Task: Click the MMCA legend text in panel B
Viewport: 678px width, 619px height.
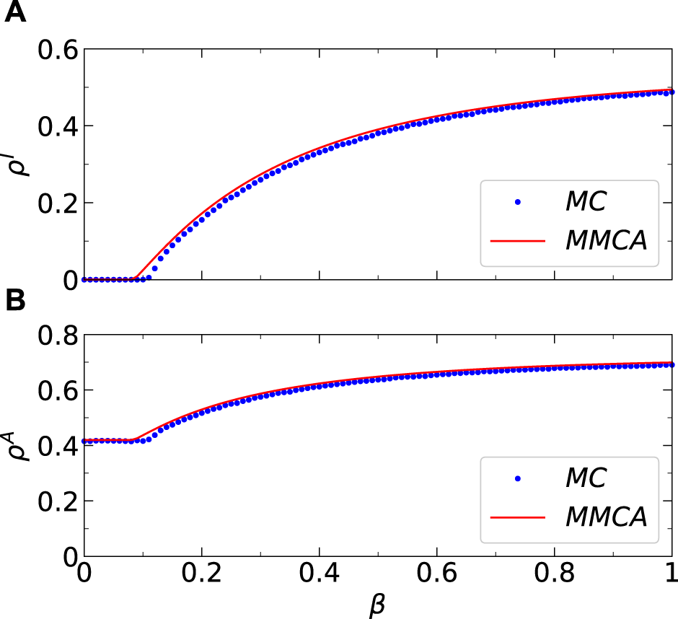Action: click(606, 517)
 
